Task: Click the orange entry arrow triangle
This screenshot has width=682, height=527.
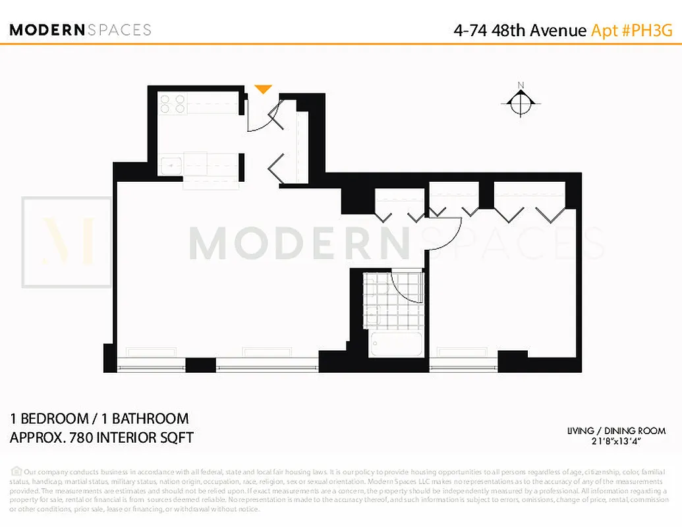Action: (x=264, y=89)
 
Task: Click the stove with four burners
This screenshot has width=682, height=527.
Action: (x=172, y=104)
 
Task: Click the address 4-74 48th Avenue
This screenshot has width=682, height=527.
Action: (x=520, y=30)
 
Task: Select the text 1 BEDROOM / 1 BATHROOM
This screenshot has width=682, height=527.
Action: (x=99, y=418)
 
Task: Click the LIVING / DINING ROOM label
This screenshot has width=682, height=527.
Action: (x=617, y=431)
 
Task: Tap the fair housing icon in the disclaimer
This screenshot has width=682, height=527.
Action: (x=16, y=471)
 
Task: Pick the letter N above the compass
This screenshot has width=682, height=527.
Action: (x=521, y=85)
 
